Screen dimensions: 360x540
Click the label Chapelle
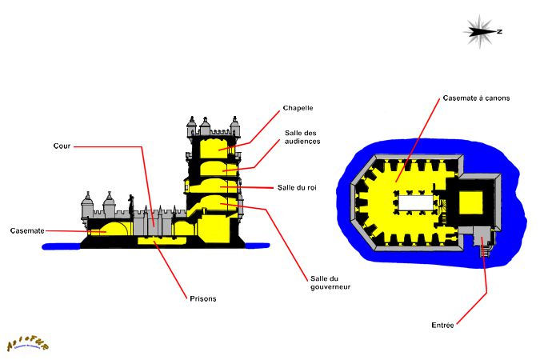tap(298, 108)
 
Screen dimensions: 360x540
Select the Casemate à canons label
tap(476, 98)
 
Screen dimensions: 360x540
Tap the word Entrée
tap(442, 325)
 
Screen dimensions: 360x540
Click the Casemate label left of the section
tap(27, 231)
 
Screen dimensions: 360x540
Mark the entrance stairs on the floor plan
tap(483, 250)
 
